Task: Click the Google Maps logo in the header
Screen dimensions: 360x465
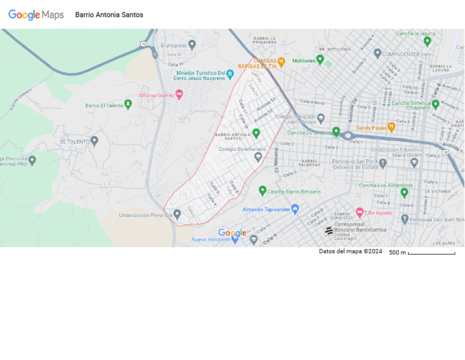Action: coord(36,15)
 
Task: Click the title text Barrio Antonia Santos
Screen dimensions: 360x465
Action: coord(109,15)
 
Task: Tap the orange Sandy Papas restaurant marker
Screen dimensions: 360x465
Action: coord(391,127)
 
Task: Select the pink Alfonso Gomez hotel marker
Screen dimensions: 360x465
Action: coord(179,95)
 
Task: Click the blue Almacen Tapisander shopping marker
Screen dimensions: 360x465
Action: coord(295,209)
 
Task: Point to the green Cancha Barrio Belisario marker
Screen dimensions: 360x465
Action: coord(263,191)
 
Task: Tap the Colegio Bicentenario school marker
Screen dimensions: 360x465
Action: coord(258,156)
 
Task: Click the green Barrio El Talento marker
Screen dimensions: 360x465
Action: coord(128,104)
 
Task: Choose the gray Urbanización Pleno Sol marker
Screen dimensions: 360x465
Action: coord(177,214)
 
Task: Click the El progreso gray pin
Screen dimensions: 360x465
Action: coord(192,44)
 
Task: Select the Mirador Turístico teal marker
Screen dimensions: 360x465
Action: coord(230,74)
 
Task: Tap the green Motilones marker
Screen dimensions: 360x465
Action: coord(320,59)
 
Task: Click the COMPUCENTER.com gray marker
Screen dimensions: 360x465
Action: coord(377,53)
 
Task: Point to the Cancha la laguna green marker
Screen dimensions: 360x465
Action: coord(427,41)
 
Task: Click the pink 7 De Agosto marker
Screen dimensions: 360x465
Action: coord(360,212)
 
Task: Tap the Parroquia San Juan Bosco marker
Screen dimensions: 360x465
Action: coord(405,219)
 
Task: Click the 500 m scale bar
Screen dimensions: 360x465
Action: coord(431,253)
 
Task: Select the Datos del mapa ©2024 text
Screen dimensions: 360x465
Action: coord(351,252)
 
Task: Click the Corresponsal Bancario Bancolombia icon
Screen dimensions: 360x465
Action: coord(329,230)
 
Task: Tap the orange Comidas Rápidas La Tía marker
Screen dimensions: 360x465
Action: coord(281,62)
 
